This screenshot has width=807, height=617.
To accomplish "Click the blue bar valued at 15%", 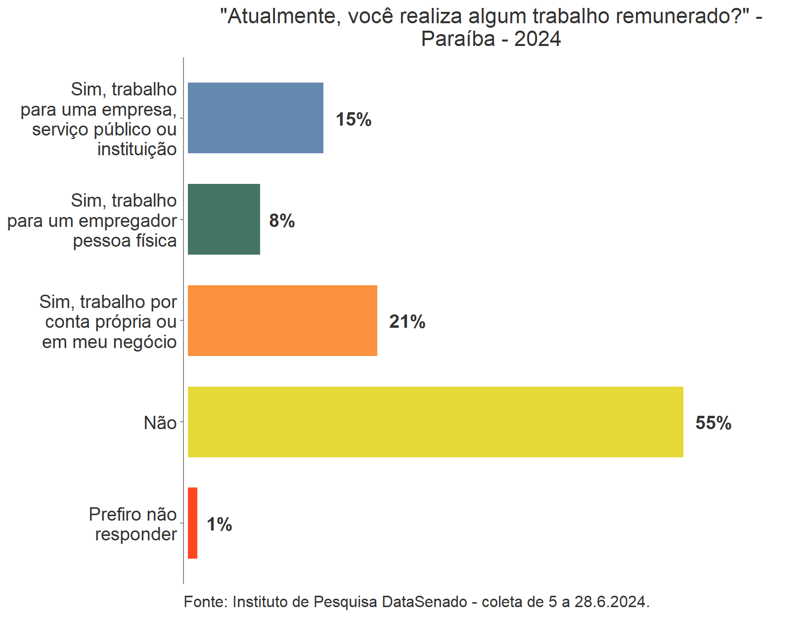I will tap(255, 118).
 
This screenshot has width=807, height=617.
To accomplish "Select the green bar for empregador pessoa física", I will tap(224, 219).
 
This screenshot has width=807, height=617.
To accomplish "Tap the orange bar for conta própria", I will tap(282, 320).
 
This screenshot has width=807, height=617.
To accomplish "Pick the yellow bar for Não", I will tap(435, 422).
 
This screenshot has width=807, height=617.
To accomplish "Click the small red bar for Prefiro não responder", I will tap(192, 523).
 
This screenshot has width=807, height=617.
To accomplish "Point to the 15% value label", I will tap(353, 119).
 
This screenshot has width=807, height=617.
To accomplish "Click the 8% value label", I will tap(282, 220).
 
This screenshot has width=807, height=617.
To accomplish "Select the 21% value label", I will tap(407, 322).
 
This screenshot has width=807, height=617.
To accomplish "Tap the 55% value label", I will tap(713, 423).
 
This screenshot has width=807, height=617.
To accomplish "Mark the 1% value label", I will tap(219, 525).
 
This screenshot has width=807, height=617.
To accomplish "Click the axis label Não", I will tap(160, 423).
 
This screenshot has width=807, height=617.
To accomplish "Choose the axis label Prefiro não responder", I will tap(134, 524).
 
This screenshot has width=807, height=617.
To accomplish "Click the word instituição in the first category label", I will tap(137, 149).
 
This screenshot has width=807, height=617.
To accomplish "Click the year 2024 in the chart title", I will tap(538, 39).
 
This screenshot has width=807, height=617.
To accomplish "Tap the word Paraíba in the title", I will tap(458, 39).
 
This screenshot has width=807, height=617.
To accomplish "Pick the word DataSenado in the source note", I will tap(425, 602).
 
